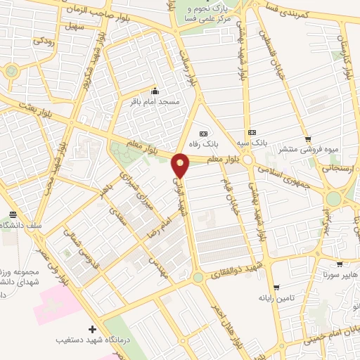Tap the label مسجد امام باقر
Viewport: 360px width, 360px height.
coord(153,103)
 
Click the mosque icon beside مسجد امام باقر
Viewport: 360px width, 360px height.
coord(155,91)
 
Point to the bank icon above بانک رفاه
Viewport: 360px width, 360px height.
coord(204,133)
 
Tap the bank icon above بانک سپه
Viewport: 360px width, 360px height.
coord(252,132)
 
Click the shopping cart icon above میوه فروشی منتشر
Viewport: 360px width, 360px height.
coord(307,139)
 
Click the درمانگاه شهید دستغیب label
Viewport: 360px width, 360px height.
coord(91,340)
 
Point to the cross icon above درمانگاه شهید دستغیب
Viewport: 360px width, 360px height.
coord(92,329)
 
